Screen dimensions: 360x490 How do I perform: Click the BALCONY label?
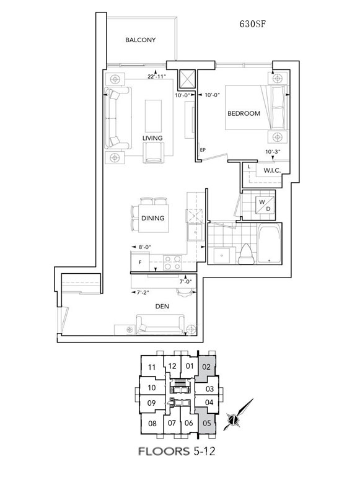140,40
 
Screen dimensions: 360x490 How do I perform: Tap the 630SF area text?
253,24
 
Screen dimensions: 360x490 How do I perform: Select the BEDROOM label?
244,113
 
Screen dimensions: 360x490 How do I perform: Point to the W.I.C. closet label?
272,170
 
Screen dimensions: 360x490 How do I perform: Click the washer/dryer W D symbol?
265,205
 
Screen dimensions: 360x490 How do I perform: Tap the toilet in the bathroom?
246,254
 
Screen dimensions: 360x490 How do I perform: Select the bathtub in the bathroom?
270,243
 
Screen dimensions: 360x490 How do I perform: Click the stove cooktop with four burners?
173,263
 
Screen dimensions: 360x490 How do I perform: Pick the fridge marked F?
140,262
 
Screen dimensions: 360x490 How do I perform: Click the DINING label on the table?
153,218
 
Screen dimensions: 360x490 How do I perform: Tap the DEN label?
162,306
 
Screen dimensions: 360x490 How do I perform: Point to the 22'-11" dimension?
157,77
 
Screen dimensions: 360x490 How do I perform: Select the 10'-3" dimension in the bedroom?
273,152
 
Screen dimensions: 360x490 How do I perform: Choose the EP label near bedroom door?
203,150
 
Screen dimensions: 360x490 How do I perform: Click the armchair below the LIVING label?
153,153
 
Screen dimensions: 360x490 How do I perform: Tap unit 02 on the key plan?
206,367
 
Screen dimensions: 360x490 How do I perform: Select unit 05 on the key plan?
206,423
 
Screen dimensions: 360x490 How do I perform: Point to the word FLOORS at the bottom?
164,451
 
